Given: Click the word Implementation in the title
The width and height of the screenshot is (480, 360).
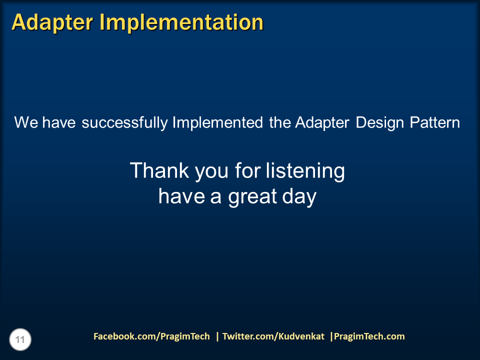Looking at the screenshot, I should (x=181, y=22).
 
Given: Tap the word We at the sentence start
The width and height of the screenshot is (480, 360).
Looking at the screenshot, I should (x=26, y=122).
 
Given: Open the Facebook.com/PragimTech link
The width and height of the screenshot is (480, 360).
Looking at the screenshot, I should (x=151, y=336).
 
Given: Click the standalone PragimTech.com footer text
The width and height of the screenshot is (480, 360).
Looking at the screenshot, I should (x=369, y=336).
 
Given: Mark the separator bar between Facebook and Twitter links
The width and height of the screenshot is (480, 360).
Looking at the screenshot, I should (x=217, y=336).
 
